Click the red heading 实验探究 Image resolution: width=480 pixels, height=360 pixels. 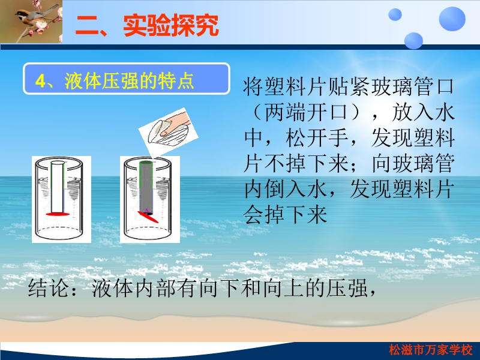pyautogui.click(x=171, y=25)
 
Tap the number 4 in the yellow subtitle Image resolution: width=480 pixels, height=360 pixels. pyautogui.click(x=40, y=81)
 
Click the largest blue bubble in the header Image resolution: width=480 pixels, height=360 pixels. pyautogui.click(x=452, y=19)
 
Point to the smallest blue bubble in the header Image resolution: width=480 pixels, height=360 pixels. pyautogui.click(x=395, y=14)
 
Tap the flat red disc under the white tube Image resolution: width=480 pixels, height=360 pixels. pyautogui.click(x=58, y=214)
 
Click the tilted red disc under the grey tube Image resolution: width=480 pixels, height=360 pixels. pyautogui.click(x=148, y=217)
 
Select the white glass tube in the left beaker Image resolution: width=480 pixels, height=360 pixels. pyautogui.click(x=58, y=187)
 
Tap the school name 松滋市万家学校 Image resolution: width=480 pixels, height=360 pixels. pyautogui.click(x=431, y=350)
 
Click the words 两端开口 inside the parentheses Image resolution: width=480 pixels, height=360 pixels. pyautogui.click(x=306, y=112)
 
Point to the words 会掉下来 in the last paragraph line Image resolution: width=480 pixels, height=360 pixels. pyautogui.click(x=286, y=215)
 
